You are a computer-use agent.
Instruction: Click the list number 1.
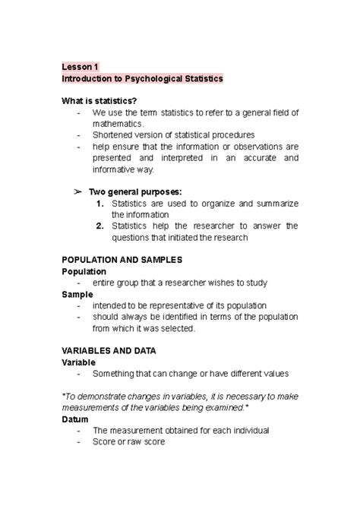point(100,204)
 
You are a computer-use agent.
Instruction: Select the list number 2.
point(100,226)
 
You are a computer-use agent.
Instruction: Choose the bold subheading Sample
point(77,294)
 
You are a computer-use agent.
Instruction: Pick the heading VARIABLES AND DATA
point(109,351)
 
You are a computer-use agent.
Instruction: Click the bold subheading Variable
point(80,362)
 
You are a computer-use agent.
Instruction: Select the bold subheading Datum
point(77,419)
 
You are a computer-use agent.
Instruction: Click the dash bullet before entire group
point(80,283)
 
